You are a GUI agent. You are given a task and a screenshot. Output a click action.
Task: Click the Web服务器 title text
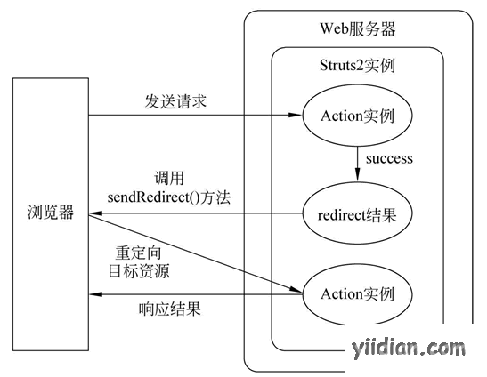[358, 28]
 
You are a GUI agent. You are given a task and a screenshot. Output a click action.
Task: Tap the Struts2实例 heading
[358, 66]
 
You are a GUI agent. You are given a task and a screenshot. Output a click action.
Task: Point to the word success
[389, 159]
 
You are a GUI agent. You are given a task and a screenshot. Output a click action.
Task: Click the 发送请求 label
[175, 101]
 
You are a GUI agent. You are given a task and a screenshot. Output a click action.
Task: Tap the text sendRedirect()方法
[169, 197]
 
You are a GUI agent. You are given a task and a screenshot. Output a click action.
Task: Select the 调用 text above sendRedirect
[169, 178]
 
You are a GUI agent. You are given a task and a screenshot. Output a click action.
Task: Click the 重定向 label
[139, 253]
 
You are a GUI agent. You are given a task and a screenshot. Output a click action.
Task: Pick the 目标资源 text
[139, 271]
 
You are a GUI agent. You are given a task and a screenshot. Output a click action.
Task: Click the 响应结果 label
[169, 309]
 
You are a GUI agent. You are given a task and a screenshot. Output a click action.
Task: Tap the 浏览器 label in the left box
[51, 213]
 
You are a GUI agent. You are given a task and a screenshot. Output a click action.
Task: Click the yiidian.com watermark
[409, 349]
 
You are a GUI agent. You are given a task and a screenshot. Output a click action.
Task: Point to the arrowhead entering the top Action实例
[296, 115]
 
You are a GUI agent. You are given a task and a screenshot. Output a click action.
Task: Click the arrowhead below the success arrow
[358, 174]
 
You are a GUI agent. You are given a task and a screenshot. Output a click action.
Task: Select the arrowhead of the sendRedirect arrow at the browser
[96, 213]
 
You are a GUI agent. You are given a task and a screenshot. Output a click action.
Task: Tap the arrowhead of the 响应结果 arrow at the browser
[96, 294]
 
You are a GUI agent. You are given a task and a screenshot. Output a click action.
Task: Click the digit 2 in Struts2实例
[360, 66]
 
